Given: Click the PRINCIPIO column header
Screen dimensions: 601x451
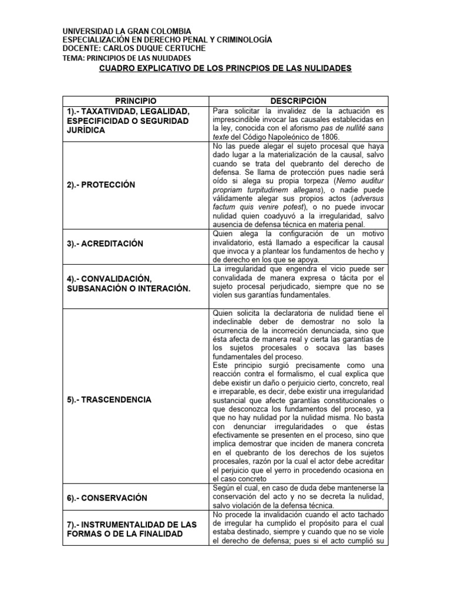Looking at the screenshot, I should [136, 101].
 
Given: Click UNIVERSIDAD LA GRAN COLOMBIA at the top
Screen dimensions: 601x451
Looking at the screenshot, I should [126, 31].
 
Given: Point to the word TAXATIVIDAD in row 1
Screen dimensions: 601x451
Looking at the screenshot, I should [112, 111].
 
